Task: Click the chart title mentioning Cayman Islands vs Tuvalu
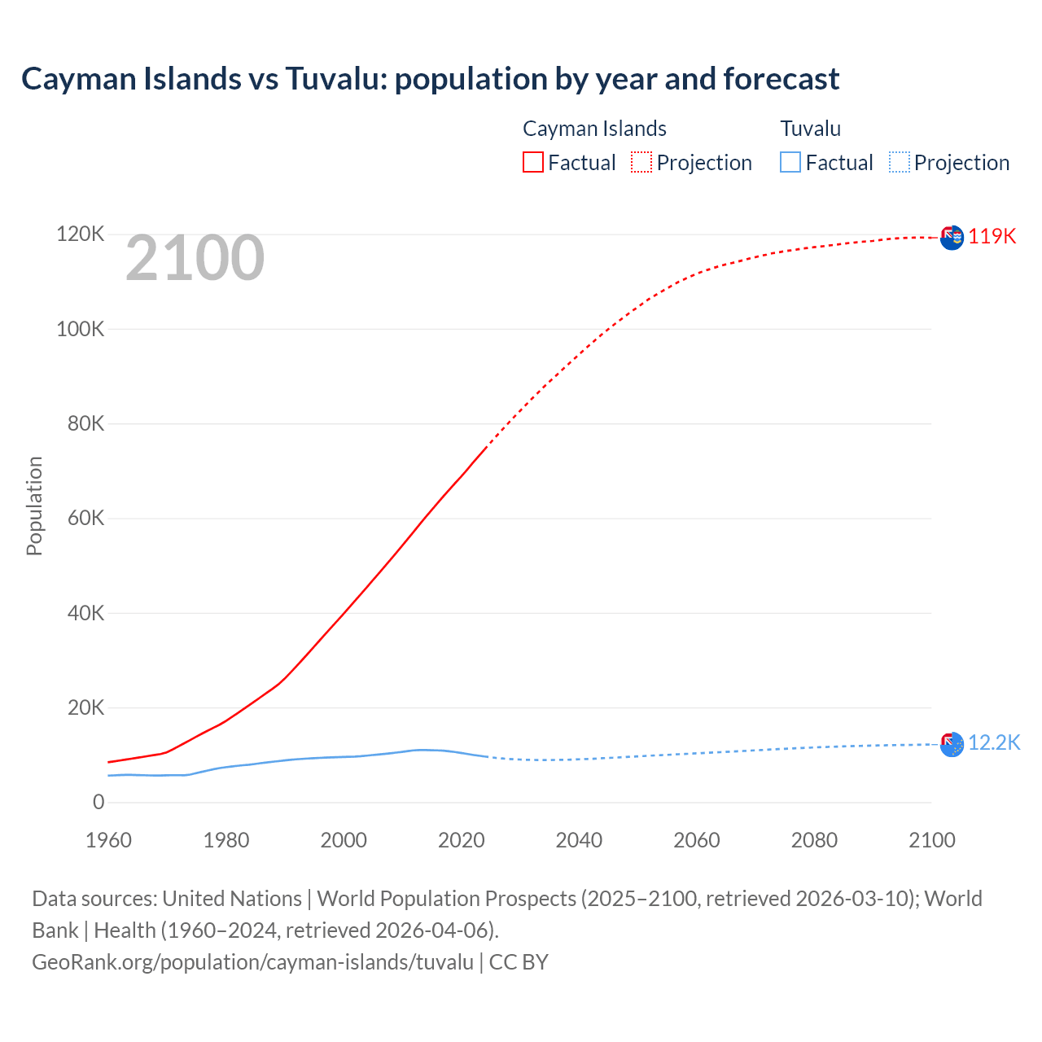(430, 79)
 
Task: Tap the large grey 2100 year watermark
(195, 258)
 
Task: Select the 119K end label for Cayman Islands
(992, 236)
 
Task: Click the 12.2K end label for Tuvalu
(993, 742)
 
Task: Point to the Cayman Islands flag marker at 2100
(952, 238)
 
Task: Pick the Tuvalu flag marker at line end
(952, 744)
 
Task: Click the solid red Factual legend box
(533, 162)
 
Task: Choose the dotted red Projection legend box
(641, 162)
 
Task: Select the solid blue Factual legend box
(790, 162)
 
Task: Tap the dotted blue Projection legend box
(900, 162)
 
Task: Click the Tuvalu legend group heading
(810, 129)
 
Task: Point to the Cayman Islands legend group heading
(594, 129)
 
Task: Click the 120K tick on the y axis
(81, 234)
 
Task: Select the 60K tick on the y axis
(85, 518)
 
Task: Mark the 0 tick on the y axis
(99, 802)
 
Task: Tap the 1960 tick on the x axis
(108, 840)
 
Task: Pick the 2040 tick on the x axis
(579, 840)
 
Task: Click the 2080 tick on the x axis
(814, 840)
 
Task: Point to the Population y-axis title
(34, 506)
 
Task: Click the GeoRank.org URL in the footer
(252, 961)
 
